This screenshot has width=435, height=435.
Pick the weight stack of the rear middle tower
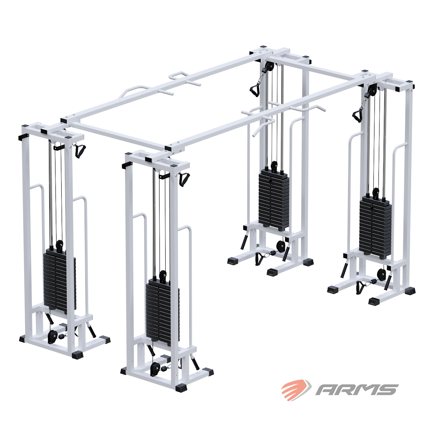pyautogui.click(x=274, y=199)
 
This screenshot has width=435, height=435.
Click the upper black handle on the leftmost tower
pyautogui.click(x=80, y=150)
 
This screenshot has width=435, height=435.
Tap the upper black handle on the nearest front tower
pyautogui.click(x=184, y=179)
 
